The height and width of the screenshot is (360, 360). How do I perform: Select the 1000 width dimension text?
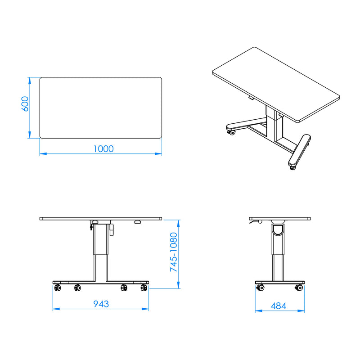tap(103, 148)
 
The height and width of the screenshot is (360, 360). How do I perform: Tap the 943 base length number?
tap(101, 304)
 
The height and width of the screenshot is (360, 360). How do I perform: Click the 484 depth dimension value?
tap(279, 306)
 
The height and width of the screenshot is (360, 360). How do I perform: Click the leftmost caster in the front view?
tap(57, 288)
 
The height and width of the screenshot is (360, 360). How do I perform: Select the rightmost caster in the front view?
tap(144, 288)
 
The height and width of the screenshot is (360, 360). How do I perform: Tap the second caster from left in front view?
tap(78, 288)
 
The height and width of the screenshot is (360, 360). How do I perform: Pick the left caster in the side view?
tap(260, 288)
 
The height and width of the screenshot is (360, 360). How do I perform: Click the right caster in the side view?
tap(298, 288)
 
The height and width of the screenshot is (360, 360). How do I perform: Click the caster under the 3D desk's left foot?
tap(231, 132)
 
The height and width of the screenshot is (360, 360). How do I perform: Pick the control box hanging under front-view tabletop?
tap(111, 228)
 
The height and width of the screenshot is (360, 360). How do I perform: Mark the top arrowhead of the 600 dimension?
tap(30, 80)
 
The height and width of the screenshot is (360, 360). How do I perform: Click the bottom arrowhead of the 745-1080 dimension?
tap(179, 285)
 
